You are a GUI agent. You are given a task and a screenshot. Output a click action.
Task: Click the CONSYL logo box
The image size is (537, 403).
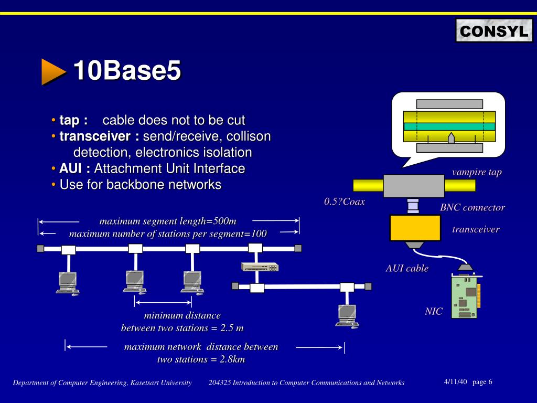click(x=493, y=31)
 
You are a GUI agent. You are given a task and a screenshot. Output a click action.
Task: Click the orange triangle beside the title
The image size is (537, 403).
click(x=53, y=71)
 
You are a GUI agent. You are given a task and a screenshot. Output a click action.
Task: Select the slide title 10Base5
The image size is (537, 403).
click(x=127, y=71)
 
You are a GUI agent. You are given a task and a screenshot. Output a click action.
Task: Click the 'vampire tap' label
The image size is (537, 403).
click(x=477, y=172)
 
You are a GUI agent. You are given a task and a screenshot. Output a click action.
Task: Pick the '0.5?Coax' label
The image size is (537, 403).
click(x=345, y=201)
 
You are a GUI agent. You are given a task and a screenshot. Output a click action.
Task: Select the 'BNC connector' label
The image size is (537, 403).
click(x=472, y=207)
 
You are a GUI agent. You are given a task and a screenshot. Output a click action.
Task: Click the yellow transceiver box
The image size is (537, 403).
click(x=415, y=228)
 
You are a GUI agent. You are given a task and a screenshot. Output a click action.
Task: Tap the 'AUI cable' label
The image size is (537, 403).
click(x=407, y=268)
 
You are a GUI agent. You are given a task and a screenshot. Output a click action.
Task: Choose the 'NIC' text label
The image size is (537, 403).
click(x=433, y=311)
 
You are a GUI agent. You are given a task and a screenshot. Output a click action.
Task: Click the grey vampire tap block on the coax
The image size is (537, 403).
click(x=414, y=186)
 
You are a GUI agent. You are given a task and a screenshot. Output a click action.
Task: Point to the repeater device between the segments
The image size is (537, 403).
click(x=260, y=267)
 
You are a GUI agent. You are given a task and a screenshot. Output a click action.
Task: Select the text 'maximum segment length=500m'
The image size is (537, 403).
click(x=168, y=221)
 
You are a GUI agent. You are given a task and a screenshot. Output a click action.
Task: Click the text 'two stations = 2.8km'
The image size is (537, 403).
click(x=201, y=359)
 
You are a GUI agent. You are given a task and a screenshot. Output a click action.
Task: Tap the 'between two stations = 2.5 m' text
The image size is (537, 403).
click(x=182, y=328)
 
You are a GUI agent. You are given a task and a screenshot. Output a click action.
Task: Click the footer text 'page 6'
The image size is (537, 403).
click(x=482, y=381)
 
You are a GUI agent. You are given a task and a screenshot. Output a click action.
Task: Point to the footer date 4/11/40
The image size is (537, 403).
click(x=455, y=381)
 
